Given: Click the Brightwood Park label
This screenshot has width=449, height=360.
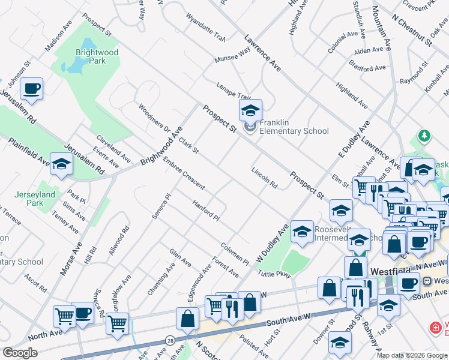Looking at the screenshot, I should coord(97,57).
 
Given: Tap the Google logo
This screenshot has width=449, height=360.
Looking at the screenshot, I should coord(20,353).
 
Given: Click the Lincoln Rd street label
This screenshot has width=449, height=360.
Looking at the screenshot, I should coord(264,177).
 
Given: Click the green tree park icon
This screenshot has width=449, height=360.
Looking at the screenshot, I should coord(425,136).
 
